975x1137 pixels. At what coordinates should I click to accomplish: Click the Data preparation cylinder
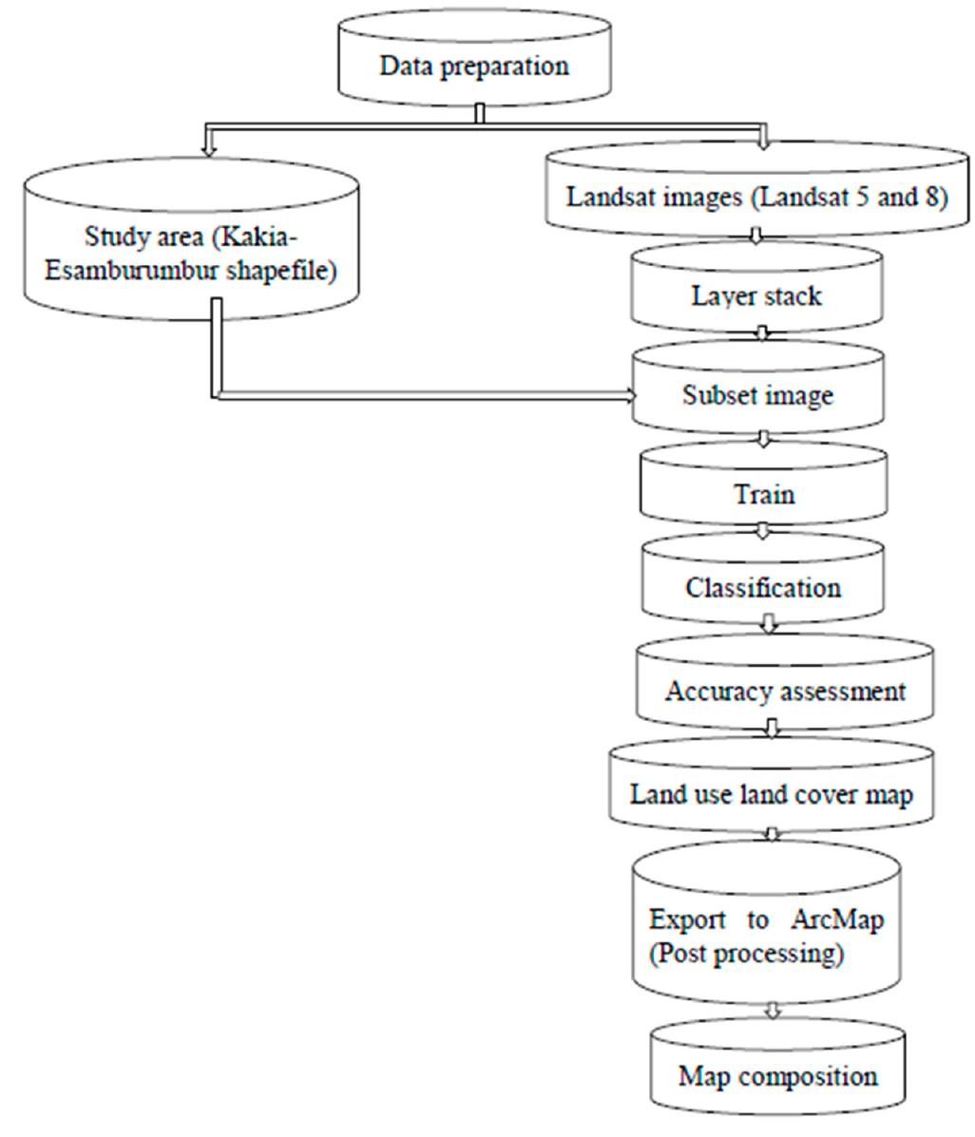point(474,66)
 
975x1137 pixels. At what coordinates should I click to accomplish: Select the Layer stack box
point(756,295)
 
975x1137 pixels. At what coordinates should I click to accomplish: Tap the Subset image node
point(757,394)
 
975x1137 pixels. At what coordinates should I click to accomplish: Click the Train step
point(763,494)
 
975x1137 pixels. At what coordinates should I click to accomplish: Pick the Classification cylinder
point(763,587)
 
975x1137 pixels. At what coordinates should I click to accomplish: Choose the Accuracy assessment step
point(785,691)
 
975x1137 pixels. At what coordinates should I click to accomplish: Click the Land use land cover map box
point(771,793)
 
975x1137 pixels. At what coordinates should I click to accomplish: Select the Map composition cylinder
point(777,1076)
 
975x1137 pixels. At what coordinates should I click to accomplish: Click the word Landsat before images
point(605,197)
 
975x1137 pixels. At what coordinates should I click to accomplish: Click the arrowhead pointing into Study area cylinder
point(208,148)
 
